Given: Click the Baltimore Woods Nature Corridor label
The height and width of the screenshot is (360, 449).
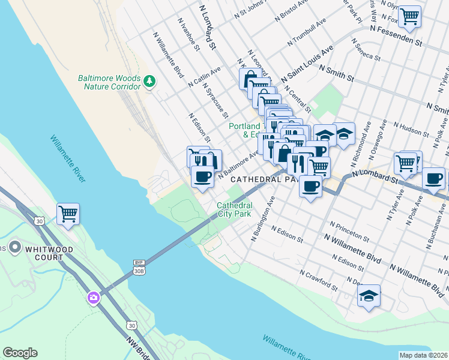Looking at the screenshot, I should [x=109, y=83].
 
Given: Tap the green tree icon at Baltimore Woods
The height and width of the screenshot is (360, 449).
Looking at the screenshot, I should [x=149, y=80].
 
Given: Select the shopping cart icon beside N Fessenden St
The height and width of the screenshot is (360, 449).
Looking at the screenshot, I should [x=409, y=16].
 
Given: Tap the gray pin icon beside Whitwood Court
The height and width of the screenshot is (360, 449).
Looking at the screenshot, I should [x=16, y=247].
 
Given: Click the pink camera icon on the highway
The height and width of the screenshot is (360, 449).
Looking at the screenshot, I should [x=93, y=297].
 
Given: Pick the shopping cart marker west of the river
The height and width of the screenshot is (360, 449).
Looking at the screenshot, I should [x=68, y=213].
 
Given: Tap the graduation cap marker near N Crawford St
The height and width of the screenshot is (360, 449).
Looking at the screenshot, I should [x=369, y=295].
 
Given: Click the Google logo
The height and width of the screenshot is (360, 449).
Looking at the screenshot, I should [x=20, y=353].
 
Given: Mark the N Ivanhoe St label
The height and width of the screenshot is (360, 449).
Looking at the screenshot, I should [x=188, y=34].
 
